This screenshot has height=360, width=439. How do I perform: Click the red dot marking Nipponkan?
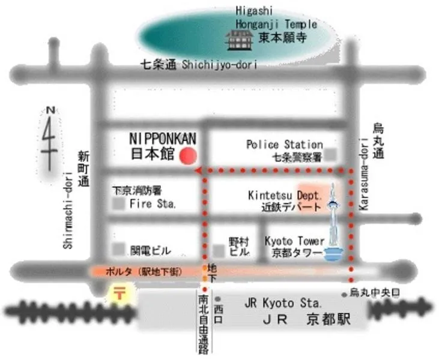189,155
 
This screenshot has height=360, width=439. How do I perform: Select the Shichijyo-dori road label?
219,64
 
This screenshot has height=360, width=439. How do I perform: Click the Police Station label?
285,145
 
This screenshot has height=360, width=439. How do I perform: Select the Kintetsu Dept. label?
286,196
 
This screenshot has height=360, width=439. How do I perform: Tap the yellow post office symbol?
118,294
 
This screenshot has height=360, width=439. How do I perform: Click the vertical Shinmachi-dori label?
68,210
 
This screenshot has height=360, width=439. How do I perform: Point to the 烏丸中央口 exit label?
375,293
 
